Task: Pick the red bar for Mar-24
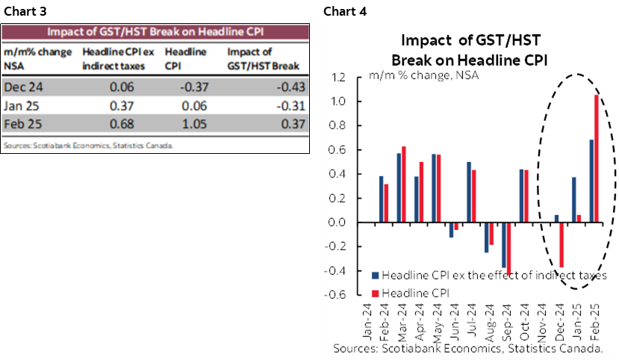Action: (x=404, y=184)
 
